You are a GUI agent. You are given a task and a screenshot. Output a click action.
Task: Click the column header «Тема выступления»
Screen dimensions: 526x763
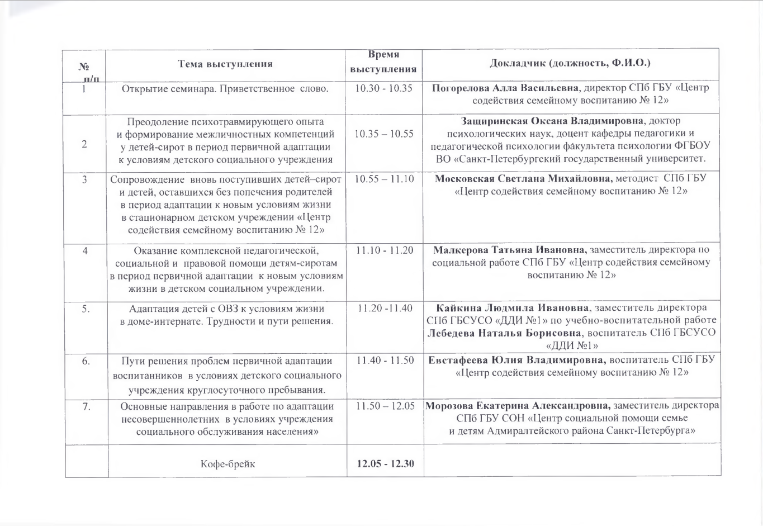point(225,64)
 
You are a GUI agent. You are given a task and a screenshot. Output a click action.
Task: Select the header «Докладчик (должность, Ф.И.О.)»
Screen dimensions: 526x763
point(570,63)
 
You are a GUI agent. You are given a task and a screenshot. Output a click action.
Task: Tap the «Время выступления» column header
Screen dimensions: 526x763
point(383,62)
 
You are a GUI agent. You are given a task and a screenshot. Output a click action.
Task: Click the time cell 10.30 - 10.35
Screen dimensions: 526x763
point(384,88)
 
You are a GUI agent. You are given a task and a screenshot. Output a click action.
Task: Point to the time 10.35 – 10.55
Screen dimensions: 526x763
point(384,134)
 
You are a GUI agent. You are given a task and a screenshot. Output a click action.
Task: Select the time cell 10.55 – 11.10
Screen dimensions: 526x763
point(384,179)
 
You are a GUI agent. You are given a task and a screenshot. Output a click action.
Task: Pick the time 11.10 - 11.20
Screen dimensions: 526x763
point(384,250)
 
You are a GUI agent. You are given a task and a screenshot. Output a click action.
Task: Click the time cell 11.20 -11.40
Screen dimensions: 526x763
point(384,308)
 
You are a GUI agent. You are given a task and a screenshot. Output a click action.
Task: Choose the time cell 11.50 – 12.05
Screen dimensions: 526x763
point(385,406)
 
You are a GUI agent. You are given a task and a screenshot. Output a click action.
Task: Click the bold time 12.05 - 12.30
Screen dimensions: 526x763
point(385,463)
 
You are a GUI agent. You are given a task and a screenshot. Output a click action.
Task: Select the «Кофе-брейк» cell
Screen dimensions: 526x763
point(228,463)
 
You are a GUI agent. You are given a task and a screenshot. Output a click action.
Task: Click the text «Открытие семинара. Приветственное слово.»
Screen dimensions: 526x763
point(225,88)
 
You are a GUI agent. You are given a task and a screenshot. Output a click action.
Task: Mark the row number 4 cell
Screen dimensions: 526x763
point(85,250)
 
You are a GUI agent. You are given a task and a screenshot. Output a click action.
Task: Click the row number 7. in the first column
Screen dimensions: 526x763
point(86,406)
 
